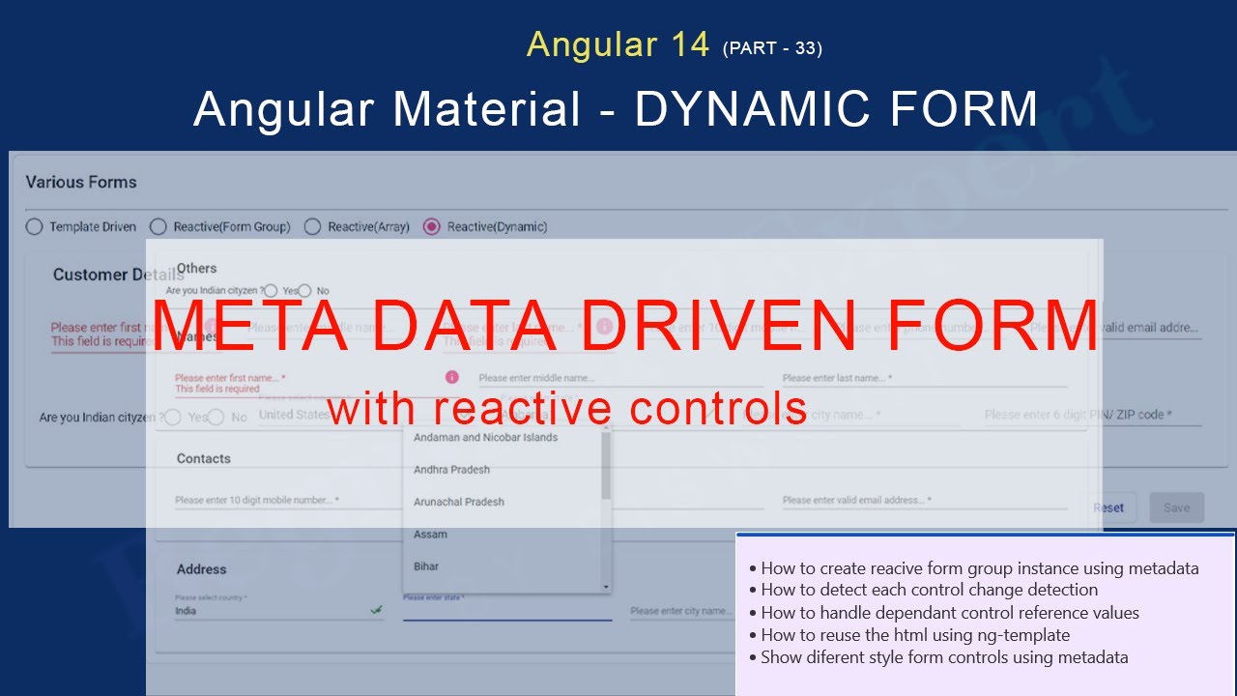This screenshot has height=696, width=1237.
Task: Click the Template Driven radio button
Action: [x=35, y=227]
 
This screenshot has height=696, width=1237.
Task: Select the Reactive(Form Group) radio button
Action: [x=158, y=227]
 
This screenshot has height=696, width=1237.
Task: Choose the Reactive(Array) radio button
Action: [x=312, y=227]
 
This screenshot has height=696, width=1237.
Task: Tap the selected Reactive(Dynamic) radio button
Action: [x=432, y=227]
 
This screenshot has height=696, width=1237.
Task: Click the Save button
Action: [x=1176, y=507]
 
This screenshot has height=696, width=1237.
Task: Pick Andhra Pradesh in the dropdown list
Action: [x=452, y=470]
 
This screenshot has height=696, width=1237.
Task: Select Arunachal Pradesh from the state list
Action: [x=459, y=502]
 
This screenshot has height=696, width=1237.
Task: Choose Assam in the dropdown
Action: [x=431, y=535]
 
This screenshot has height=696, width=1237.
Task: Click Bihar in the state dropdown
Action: [x=426, y=566]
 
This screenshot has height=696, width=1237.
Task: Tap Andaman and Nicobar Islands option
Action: [x=486, y=438]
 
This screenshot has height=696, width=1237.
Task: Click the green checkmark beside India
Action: [x=376, y=610]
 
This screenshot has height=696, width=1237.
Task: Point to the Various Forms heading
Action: [x=81, y=182]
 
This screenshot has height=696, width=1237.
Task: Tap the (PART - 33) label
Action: [x=772, y=48]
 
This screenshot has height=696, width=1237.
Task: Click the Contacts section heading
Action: [x=204, y=458]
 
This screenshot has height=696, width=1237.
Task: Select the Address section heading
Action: [x=202, y=569]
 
